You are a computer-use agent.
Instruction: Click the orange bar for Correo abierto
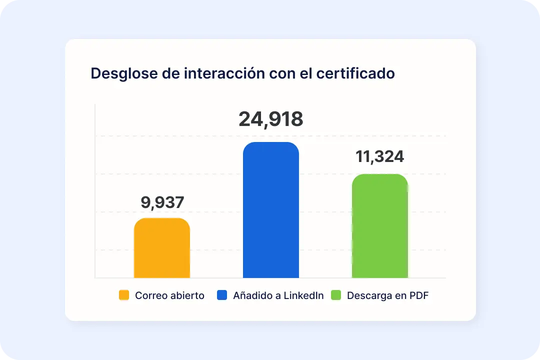162,248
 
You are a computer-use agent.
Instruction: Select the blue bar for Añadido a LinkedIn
270,210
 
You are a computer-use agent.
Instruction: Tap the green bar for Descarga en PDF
379,226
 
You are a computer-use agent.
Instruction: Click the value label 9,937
162,202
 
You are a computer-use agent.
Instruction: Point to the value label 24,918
270,119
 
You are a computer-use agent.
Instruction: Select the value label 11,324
379,156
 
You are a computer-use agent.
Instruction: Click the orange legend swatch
124,295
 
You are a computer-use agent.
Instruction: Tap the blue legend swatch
222,295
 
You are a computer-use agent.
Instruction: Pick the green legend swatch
336,295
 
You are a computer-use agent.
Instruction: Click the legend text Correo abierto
169,295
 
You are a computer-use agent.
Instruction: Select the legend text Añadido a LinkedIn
278,295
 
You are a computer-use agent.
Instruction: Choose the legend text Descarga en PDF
387,295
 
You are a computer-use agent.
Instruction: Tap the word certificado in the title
355,73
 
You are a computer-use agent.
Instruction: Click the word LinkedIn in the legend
303,295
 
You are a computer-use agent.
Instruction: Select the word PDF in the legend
418,295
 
